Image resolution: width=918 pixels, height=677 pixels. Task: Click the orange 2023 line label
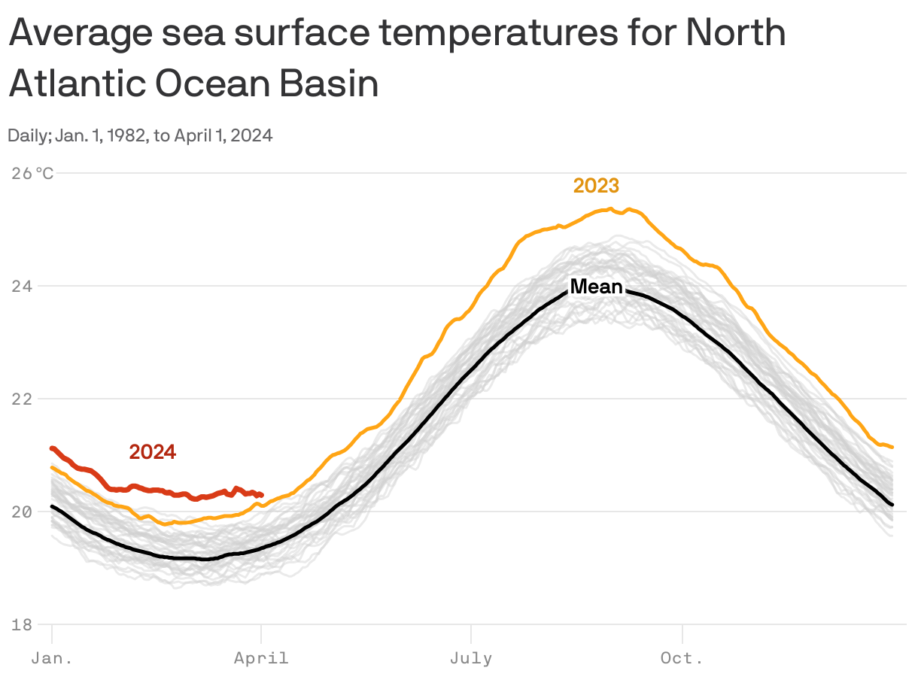[596, 186]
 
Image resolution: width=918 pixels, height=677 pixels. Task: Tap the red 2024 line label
[153, 452]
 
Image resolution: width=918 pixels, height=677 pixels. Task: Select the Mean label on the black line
[596, 287]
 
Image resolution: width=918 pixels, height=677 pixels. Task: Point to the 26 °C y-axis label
[33, 174]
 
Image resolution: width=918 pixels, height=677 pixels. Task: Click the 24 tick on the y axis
[21, 287]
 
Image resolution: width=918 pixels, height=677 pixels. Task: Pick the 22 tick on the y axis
[21, 399]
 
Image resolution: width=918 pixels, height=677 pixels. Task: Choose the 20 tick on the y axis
[21, 512]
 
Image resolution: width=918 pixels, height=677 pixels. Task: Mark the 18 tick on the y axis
[21, 624]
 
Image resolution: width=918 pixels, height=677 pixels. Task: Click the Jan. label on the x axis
[52, 659]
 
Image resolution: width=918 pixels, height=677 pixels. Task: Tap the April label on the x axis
[261, 659]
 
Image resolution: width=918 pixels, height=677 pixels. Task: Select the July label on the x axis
[471, 659]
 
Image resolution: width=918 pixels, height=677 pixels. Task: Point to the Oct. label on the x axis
[682, 659]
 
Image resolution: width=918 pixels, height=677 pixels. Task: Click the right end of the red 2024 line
[260, 495]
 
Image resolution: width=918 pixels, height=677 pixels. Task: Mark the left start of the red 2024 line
[52, 448]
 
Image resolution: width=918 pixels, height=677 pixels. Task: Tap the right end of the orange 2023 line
[892, 447]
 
